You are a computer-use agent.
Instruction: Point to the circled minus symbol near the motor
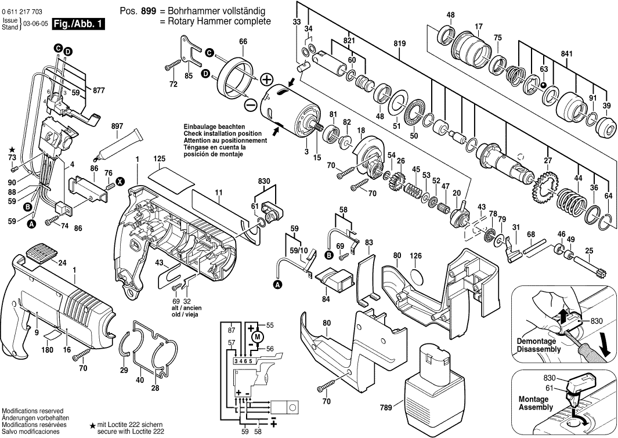pyautogui.click(x=251, y=105)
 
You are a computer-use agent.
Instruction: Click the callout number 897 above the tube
pyautogui.click(x=117, y=126)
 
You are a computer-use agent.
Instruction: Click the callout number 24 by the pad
pyautogui.click(x=62, y=262)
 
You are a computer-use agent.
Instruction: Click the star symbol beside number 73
pyautogui.click(x=12, y=150)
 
